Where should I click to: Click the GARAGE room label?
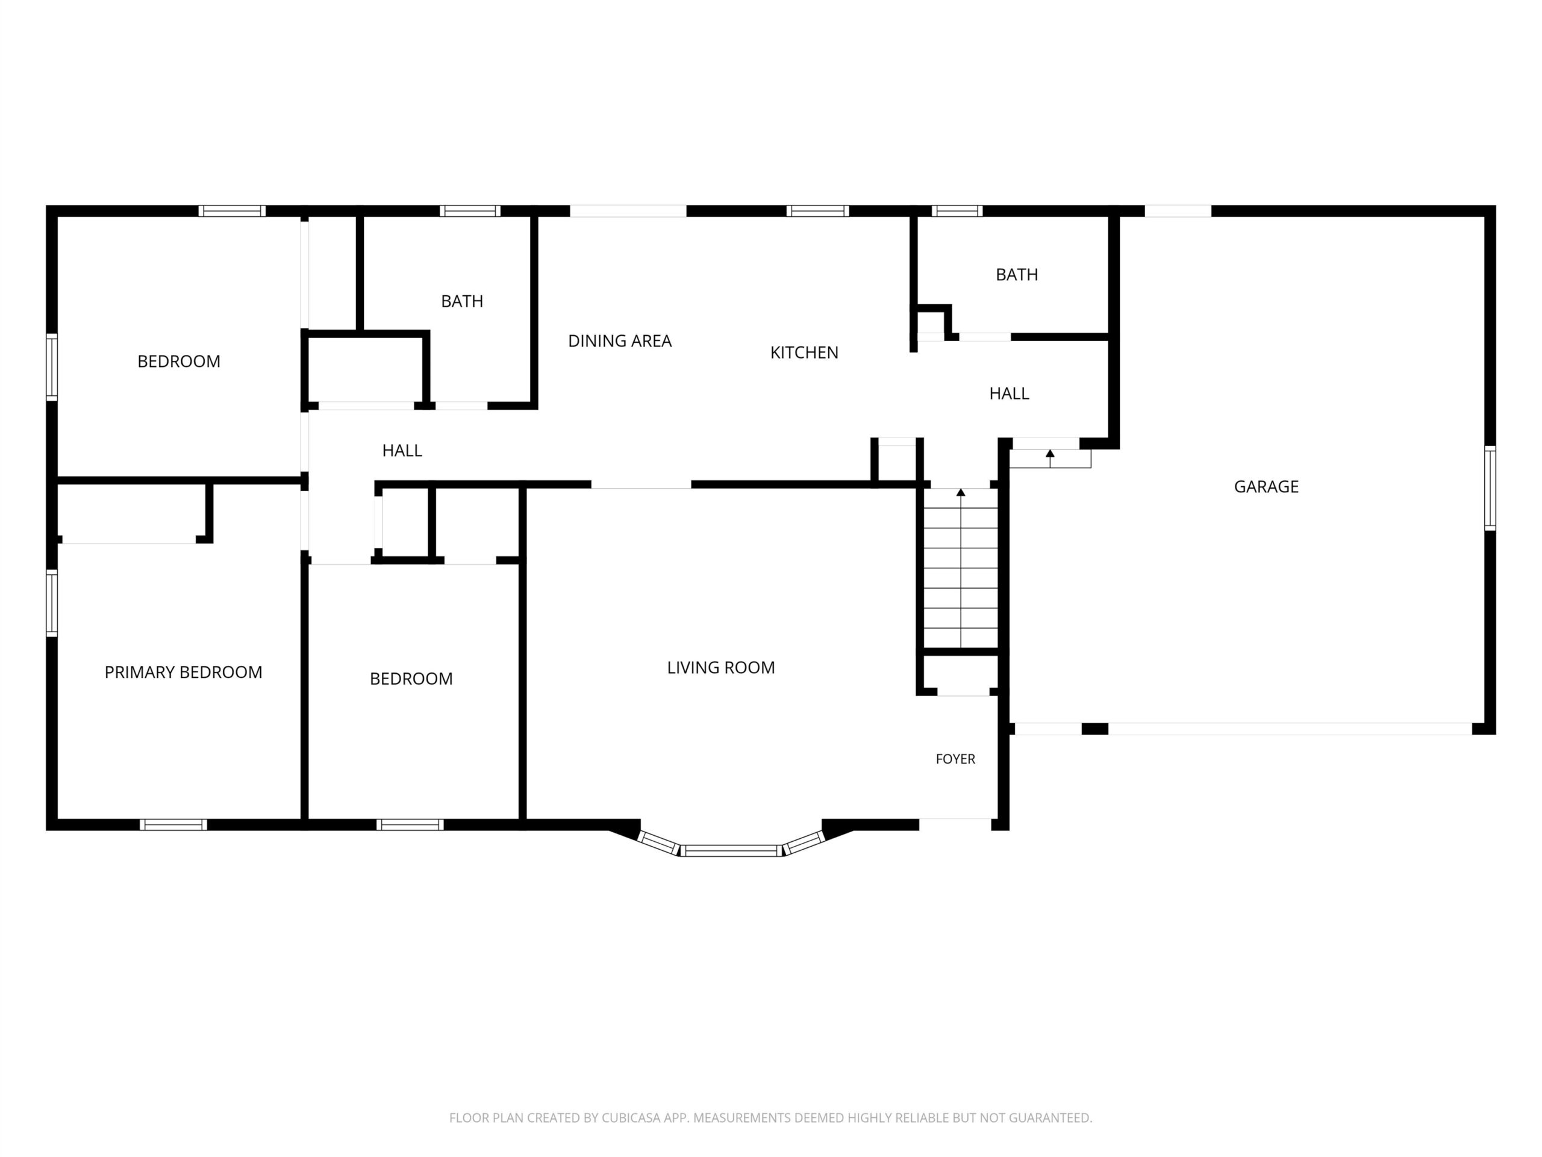pos(1266,487)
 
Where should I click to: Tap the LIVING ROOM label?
pos(721,668)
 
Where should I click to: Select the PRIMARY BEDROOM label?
pos(183,673)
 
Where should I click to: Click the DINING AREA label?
pos(620,341)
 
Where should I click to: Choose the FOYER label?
pos(955,759)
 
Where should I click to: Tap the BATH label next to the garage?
pos(1016,275)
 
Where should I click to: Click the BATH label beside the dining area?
pos(461,301)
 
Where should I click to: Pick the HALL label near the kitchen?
pos(1009,394)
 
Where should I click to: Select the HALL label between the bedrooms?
pos(402,451)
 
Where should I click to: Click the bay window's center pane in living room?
pos(731,850)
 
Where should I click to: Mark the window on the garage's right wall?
pos(1490,488)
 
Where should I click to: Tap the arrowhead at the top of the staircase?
pos(961,492)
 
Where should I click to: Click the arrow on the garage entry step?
pos(1050,458)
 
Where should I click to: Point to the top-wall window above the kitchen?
pos(818,211)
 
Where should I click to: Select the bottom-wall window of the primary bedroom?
pos(173,824)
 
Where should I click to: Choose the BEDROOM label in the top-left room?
pos(178,361)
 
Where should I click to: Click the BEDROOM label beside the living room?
pos(411,679)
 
